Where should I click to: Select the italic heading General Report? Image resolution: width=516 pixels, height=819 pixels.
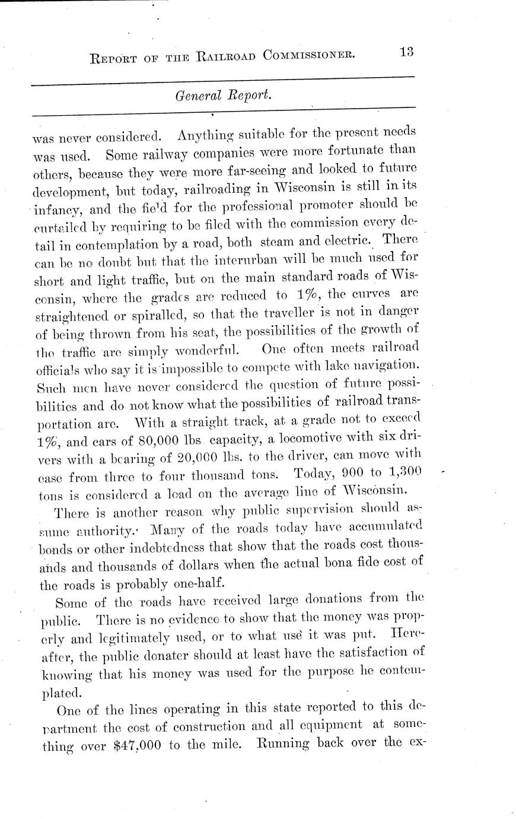pos(223,94)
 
